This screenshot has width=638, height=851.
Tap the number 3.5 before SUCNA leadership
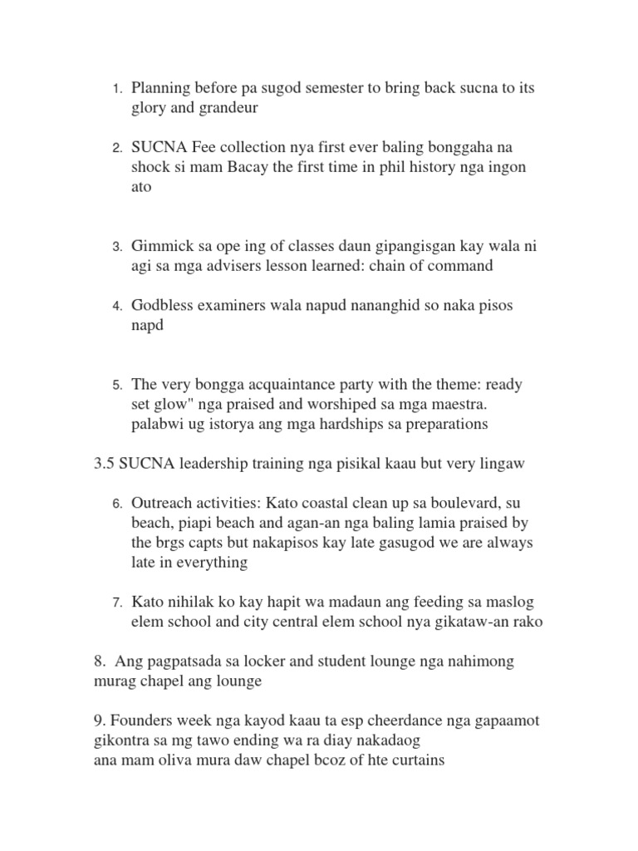point(105,464)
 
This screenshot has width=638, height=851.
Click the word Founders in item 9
point(140,721)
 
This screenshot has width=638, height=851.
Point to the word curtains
point(414,760)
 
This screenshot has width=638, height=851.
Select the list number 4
point(118,306)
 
